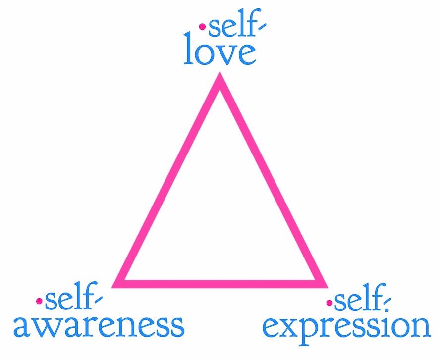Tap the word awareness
(99, 325)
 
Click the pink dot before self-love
(202, 27)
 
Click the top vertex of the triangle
(220, 79)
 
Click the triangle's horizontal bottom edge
(220, 283)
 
